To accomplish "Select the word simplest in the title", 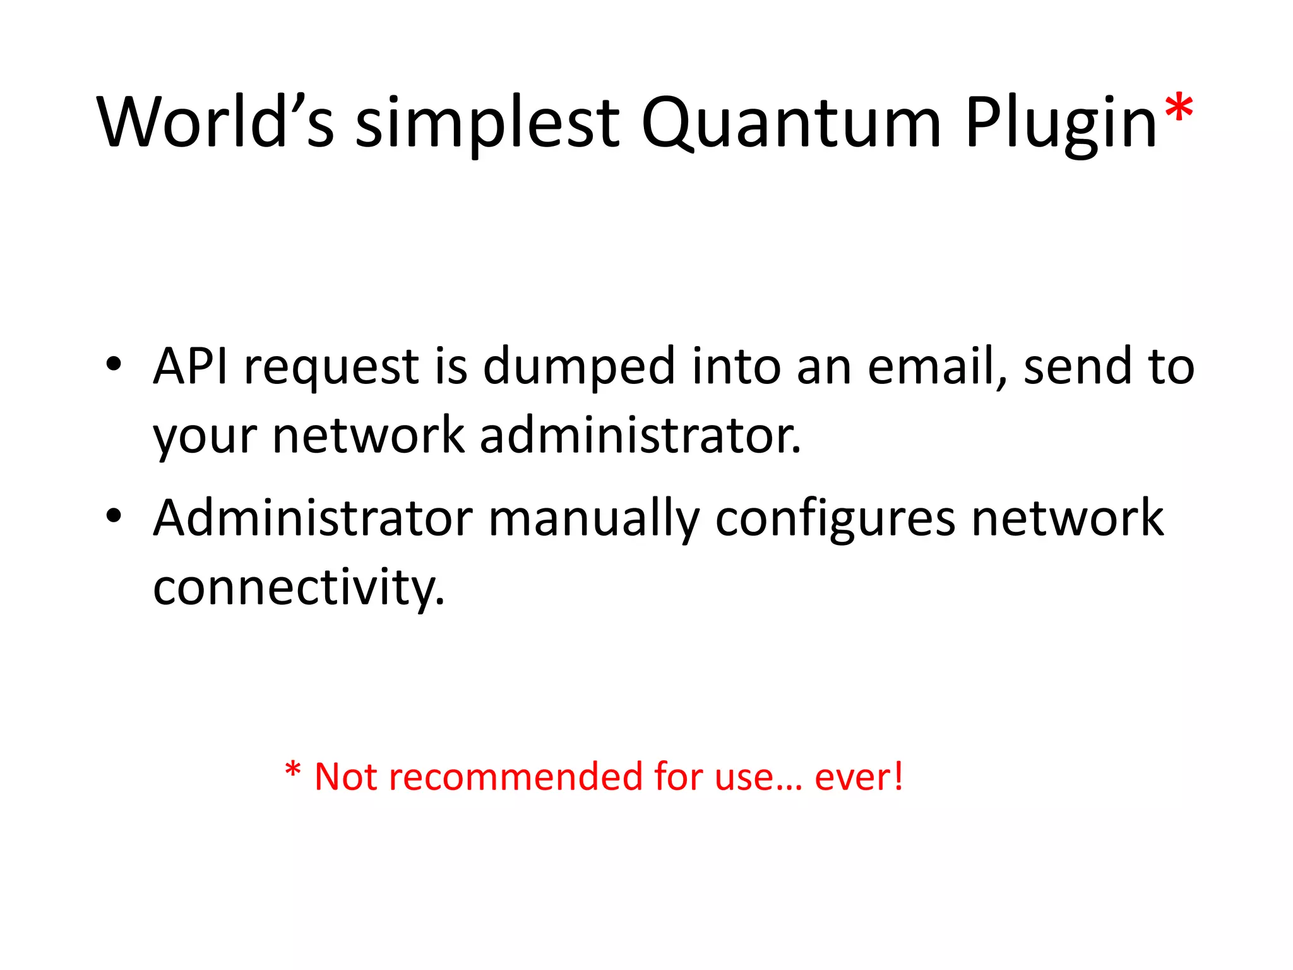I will click(x=487, y=123).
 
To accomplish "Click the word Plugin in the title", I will click(x=1061, y=124).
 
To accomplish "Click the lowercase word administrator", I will click(x=640, y=435).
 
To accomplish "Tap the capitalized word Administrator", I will click(x=313, y=518).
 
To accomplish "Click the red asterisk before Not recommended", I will click(x=292, y=770).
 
